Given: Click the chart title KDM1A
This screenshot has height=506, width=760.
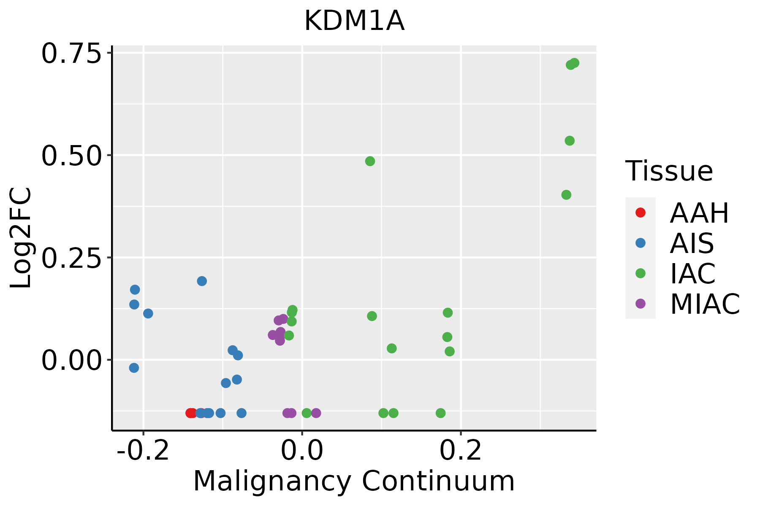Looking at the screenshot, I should (x=354, y=21).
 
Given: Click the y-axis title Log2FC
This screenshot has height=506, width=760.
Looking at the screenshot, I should (x=21, y=238).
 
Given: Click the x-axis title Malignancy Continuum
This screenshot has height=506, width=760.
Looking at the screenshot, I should (x=354, y=481).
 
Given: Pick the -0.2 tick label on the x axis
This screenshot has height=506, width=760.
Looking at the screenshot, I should (x=143, y=450).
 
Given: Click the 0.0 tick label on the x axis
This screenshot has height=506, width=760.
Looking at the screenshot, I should (x=302, y=450).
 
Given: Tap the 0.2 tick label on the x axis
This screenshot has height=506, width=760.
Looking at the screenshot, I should (x=461, y=450).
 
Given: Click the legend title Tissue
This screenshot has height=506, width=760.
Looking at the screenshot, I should (x=669, y=171).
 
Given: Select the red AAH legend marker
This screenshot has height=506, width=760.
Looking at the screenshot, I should (x=641, y=213).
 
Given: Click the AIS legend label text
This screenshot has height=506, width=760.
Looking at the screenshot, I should (x=692, y=243).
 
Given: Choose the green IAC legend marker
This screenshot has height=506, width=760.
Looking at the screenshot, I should (x=641, y=273).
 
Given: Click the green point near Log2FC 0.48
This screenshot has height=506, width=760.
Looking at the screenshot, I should (x=370, y=161).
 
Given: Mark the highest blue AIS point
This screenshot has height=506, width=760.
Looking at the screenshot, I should (x=202, y=281).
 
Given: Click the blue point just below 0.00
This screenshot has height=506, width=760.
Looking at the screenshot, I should (x=134, y=368).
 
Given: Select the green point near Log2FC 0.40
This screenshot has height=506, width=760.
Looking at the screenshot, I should (x=566, y=195).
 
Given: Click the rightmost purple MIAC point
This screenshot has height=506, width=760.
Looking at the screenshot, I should (x=316, y=413).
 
